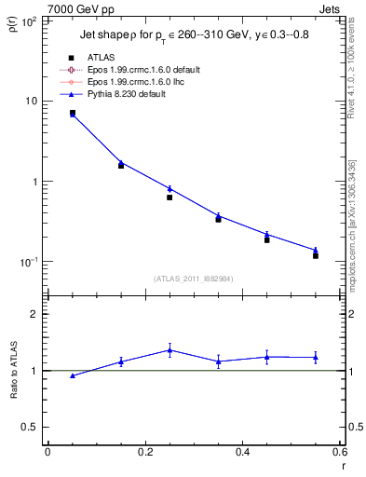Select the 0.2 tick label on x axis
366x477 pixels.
[x=144, y=452]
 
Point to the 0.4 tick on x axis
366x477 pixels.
[x=242, y=452]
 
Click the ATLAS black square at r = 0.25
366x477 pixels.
[x=169, y=198]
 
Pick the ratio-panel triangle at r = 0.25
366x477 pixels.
[x=169, y=350]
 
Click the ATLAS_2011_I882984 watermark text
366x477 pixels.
[x=193, y=279]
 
